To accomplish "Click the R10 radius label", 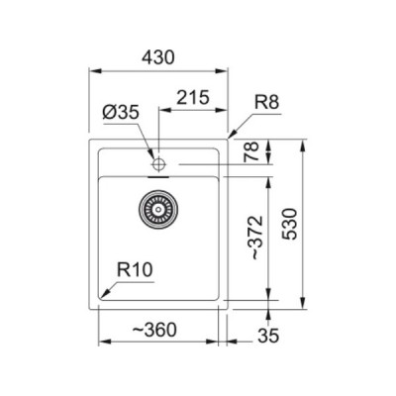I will pos(133,267).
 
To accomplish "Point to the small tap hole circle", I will pos(156,158).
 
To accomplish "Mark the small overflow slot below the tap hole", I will pos(156,172).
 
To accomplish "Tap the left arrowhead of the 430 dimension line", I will pos(94,71).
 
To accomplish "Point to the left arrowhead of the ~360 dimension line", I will pos(103,342).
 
